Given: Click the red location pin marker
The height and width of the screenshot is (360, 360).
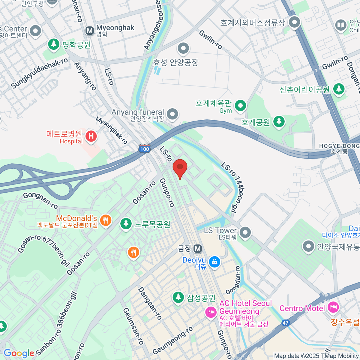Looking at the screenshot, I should point(180,167).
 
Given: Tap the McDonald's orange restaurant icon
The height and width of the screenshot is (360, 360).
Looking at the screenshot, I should point(105,221).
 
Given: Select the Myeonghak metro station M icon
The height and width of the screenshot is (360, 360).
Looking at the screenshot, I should point(89,30).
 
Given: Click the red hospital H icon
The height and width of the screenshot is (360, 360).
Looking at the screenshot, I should point(91,136).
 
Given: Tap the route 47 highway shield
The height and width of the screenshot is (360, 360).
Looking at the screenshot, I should point(285,323).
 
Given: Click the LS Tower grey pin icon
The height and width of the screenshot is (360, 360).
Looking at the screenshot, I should point(245,232).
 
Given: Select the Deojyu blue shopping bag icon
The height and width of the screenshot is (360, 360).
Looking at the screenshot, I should point(214,262).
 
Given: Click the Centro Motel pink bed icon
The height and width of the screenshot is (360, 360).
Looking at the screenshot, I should point(333,307).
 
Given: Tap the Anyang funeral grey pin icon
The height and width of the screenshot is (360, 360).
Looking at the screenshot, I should point(172,114).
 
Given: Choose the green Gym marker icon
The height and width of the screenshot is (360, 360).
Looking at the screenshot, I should point(240,105).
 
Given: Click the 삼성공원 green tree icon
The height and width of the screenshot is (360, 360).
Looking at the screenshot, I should point(178,297).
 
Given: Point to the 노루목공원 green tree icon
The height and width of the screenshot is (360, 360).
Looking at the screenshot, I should point(126,223).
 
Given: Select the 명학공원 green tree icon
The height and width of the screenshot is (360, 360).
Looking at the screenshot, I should point(54,44).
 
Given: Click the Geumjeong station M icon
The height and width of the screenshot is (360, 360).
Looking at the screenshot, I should point(197,248).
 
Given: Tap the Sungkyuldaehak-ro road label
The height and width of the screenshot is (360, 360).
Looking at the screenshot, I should point(39,73).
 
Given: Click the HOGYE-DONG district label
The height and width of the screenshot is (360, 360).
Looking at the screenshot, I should point(339,146).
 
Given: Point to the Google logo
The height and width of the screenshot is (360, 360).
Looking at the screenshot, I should point(19,353).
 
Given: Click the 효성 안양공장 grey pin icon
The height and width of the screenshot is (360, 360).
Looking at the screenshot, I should point(183,48).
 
